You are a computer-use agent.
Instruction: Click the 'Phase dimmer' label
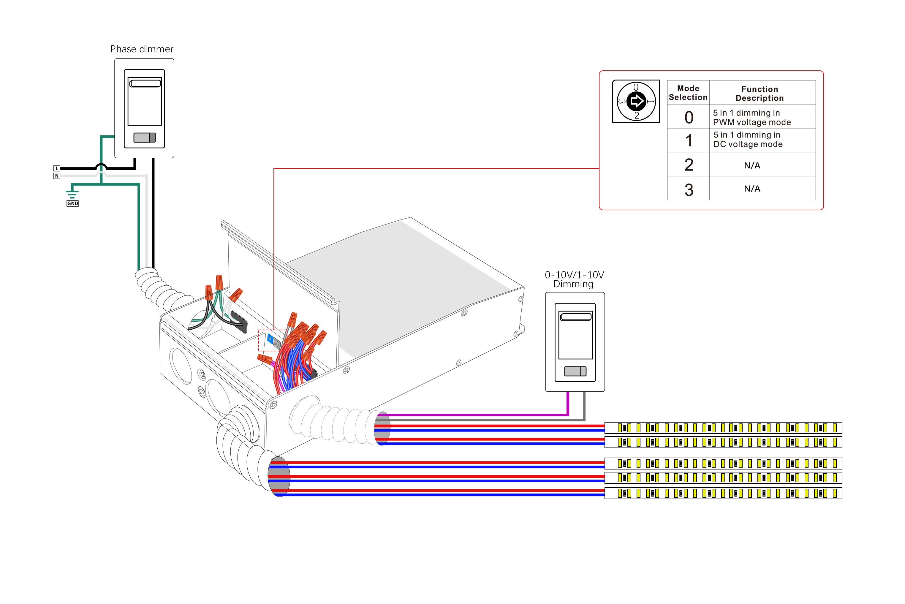(142, 49)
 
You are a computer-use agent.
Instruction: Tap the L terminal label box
(57, 168)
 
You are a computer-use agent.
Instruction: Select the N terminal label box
(57, 176)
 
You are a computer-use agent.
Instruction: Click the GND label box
(72, 203)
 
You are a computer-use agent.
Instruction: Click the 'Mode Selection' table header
(688, 93)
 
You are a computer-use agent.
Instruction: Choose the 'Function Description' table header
(760, 94)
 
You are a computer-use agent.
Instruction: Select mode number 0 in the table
(689, 118)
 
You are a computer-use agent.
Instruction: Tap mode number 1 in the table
(689, 140)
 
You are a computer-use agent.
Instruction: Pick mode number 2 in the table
(689, 165)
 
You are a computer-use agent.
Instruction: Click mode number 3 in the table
(689, 189)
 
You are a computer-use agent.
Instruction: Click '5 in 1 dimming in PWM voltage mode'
(752, 118)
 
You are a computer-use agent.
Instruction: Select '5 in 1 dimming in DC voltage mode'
(748, 140)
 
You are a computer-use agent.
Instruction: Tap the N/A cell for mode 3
(752, 189)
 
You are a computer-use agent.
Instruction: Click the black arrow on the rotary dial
(636, 101)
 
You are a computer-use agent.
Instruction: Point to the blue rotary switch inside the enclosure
(270, 339)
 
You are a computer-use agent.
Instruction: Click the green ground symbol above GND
(72, 194)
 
